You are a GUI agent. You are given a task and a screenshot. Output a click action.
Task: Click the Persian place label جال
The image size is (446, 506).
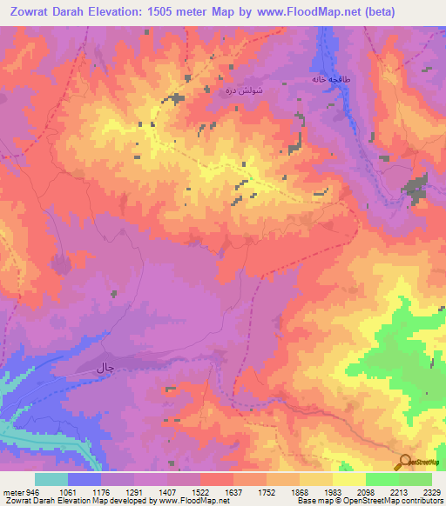(105, 370)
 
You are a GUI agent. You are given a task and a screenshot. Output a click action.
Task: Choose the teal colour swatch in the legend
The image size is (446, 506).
(51, 479)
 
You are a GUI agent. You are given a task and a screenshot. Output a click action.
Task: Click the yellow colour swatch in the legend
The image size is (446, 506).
(349, 479)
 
